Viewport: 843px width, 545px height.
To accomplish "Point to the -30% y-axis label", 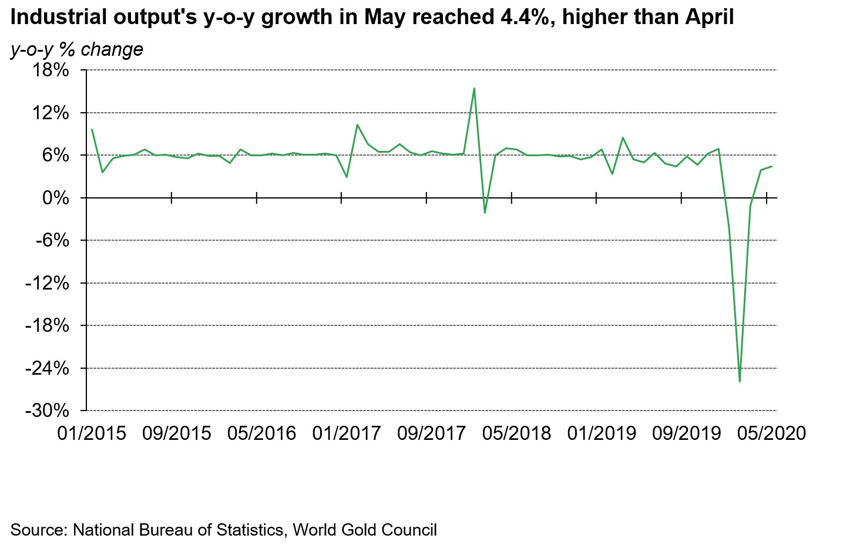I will pos(46,410).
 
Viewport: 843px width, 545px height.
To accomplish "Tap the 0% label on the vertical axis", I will pos(56,198).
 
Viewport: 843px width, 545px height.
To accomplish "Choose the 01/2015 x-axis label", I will pos(92,433).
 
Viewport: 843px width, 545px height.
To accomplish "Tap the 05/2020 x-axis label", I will pos(771,433).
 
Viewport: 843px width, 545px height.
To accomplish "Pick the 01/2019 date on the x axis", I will pos(602,433).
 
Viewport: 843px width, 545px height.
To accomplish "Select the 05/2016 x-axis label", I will pos(261,433).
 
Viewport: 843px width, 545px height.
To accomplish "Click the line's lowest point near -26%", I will pos(740,381).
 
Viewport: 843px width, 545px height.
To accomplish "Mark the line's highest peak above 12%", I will pos(474,89).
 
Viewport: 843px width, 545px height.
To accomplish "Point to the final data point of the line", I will pos(771,166).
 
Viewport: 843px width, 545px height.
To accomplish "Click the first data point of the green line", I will pos(92,129).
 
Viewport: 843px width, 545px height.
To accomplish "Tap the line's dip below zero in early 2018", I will pos(485,213).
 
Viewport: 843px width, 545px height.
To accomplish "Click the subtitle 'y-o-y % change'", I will pos(77,49).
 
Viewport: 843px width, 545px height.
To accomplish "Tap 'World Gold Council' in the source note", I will pos(365,530).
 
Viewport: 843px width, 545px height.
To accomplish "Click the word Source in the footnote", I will pos(39,530).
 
